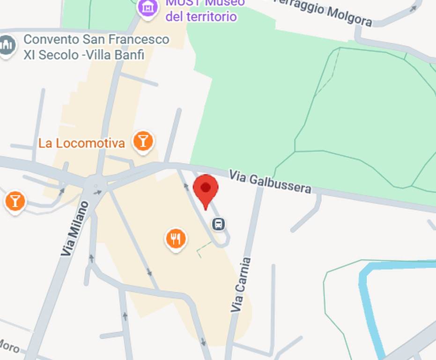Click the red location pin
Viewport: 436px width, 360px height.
coord(206,190)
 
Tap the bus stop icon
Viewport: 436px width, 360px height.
coord(218,224)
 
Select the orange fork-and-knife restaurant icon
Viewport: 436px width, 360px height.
coord(176,239)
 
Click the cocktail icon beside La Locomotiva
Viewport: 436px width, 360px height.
coord(143,141)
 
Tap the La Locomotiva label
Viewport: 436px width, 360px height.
coord(81,143)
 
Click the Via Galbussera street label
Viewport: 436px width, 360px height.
coord(270,182)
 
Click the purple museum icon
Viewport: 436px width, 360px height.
coord(148,8)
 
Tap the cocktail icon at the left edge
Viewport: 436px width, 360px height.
coord(15,201)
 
